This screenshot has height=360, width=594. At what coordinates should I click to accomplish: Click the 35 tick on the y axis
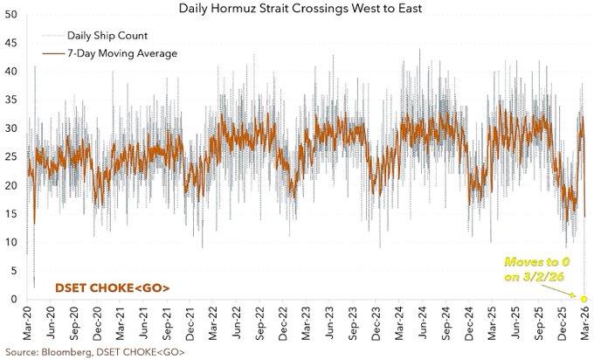(10, 100)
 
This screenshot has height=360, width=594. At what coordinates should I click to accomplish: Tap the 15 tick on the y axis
(10, 214)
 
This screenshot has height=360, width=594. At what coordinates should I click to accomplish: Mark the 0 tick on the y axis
(13, 300)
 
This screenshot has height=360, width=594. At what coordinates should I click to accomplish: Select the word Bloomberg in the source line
(66, 350)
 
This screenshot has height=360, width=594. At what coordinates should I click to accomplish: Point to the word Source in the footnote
(21, 350)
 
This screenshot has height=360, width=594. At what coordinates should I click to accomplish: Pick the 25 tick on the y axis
(10, 157)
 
